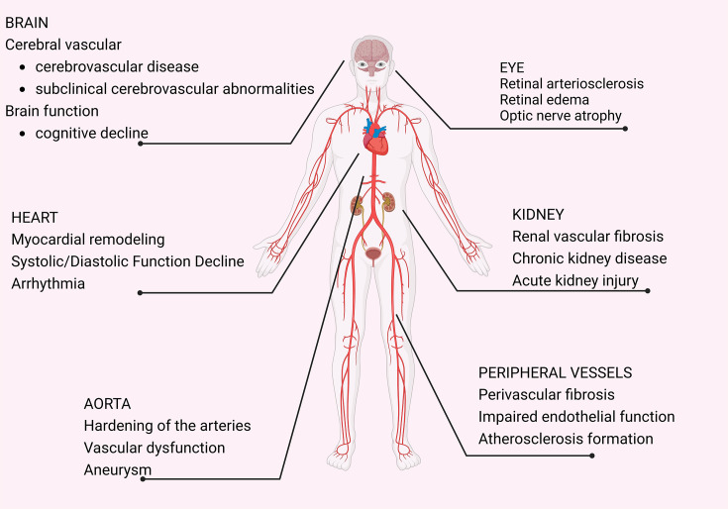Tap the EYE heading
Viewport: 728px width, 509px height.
pos(512,67)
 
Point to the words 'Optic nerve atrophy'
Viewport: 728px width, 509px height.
pos(561,116)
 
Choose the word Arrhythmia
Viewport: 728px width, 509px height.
pos(49,283)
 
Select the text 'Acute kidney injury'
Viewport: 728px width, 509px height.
pos(574,281)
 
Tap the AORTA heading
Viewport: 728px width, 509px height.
pos(108,403)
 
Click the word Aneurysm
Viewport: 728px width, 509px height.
pos(117,469)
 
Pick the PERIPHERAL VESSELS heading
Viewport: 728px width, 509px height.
pos(555,372)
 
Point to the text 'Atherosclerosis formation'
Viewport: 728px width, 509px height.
pos(566,439)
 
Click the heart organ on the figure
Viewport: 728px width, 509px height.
pos(376,142)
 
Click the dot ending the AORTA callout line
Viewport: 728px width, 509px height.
pos(144,478)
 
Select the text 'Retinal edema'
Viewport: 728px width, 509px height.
pos(545,100)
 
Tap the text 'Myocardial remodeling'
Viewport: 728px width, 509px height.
pos(88,240)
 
